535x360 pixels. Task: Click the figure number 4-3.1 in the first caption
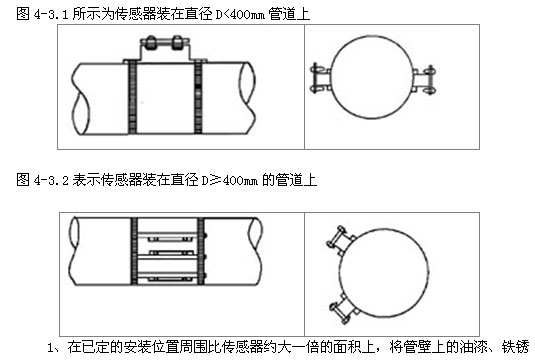51,14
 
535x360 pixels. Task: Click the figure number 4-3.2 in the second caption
51,180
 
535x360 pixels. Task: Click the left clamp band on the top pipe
133,97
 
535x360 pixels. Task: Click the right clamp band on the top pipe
198,97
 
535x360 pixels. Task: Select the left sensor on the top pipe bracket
150,43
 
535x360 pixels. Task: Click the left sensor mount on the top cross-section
320,78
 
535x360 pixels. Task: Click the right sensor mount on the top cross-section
424,80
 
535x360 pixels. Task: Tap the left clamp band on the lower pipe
134,251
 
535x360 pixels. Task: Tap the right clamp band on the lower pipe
201,251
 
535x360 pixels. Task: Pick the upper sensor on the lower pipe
168,239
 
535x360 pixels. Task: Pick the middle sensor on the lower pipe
168,253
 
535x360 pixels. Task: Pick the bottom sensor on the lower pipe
168,279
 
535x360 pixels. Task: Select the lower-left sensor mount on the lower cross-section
344,309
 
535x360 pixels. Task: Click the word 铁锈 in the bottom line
515,347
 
